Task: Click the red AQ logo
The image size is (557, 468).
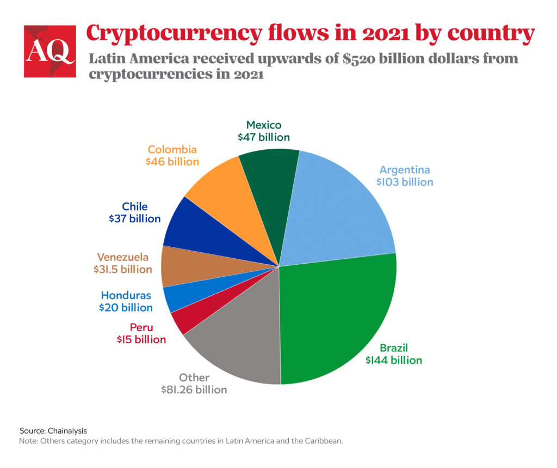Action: (49, 51)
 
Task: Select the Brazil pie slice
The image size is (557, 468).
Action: (337, 316)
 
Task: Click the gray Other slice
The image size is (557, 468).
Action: (239, 349)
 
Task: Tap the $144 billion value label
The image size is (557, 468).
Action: (394, 360)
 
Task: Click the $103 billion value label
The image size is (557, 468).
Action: (405, 182)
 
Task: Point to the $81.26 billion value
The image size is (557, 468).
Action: (194, 390)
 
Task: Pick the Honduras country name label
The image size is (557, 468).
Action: (126, 295)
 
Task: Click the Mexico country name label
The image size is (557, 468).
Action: (264, 125)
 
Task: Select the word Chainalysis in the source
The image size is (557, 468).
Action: (67, 430)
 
